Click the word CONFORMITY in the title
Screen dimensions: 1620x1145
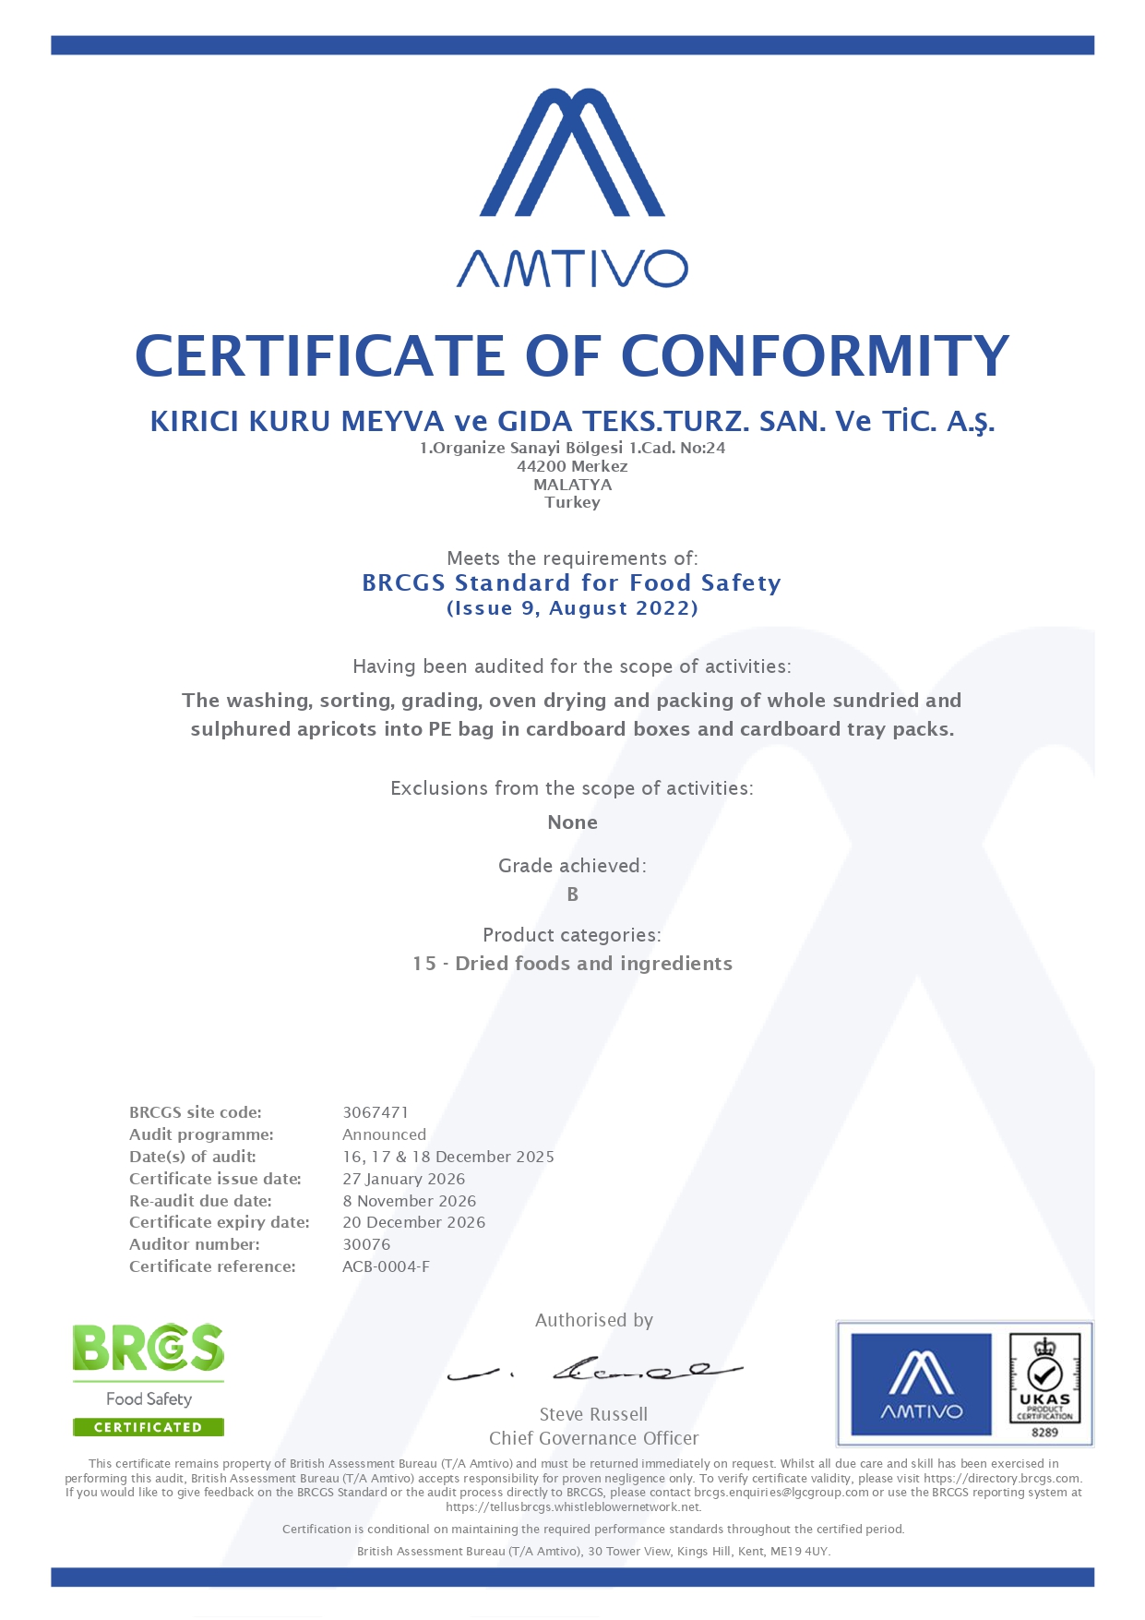(815, 356)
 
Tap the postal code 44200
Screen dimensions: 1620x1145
(542, 467)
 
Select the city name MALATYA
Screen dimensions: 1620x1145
(572, 485)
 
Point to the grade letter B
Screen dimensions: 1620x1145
(572, 894)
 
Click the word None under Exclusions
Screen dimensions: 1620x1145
(572, 822)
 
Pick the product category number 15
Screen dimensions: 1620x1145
(424, 964)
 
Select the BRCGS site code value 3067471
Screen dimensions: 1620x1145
(376, 1112)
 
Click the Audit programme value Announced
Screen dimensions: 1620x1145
(384, 1134)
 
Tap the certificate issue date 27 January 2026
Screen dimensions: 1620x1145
(403, 1179)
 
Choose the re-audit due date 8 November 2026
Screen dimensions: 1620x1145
(409, 1201)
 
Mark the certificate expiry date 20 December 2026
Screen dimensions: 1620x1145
(413, 1222)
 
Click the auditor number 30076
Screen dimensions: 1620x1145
(366, 1244)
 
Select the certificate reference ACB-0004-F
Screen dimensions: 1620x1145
(386, 1266)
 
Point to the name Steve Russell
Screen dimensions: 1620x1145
(593, 1414)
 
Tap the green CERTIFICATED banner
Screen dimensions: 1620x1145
(149, 1427)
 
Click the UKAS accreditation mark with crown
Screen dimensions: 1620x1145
(1044, 1378)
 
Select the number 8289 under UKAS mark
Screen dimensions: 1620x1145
(1044, 1433)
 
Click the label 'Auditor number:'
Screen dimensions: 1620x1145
(195, 1244)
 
